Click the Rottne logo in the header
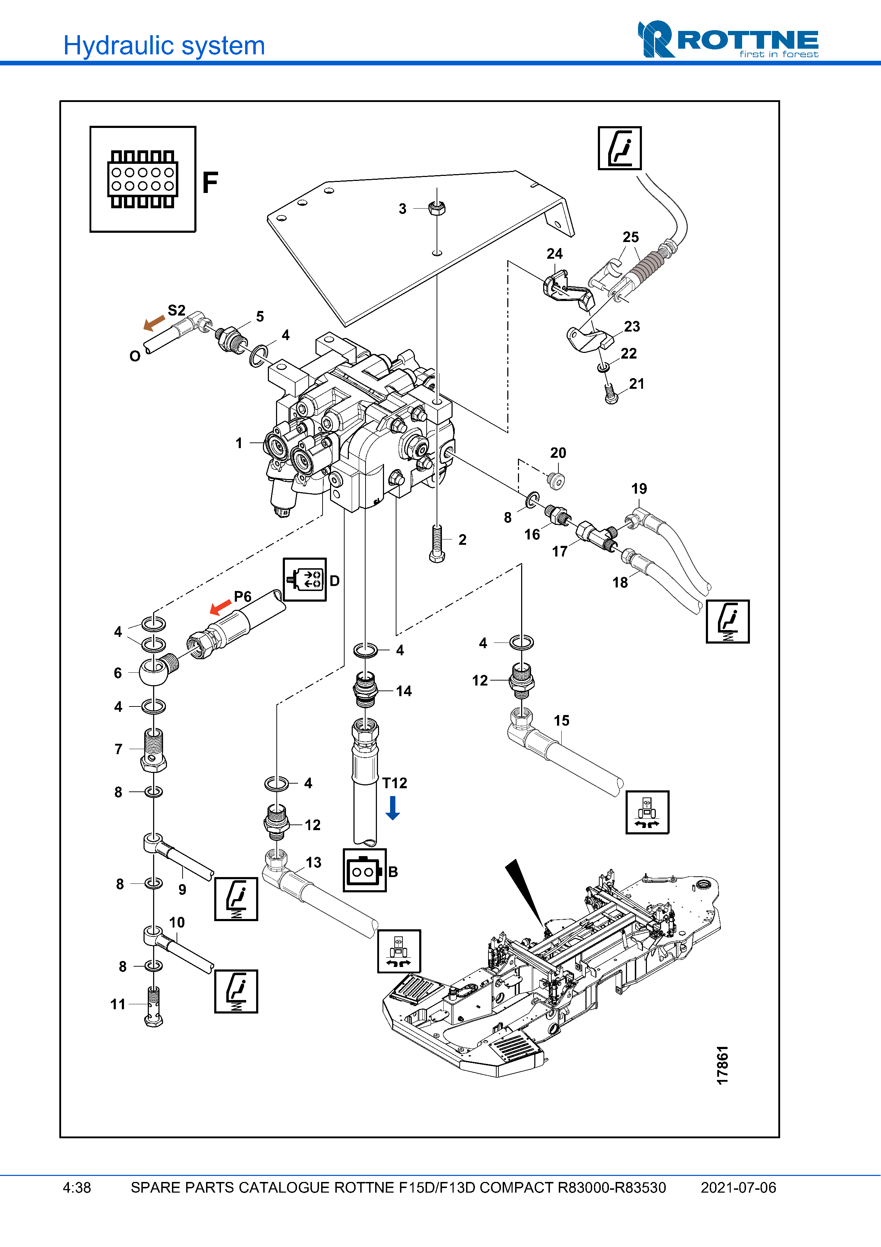pyautogui.click(x=728, y=39)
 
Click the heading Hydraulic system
pyautogui.click(x=164, y=45)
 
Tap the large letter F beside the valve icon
pyautogui.click(x=210, y=183)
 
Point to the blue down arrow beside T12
pyautogui.click(x=393, y=808)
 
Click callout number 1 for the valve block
pyautogui.click(x=239, y=443)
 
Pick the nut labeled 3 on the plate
pyautogui.click(x=437, y=208)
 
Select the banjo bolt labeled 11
pyautogui.click(x=153, y=1006)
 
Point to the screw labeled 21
pyautogui.click(x=611, y=393)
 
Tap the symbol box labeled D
pyautogui.click(x=304, y=580)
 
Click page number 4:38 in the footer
pyautogui.click(x=76, y=1188)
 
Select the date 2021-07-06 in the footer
pyautogui.click(x=738, y=1188)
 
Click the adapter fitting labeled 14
pyautogui.click(x=365, y=690)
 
